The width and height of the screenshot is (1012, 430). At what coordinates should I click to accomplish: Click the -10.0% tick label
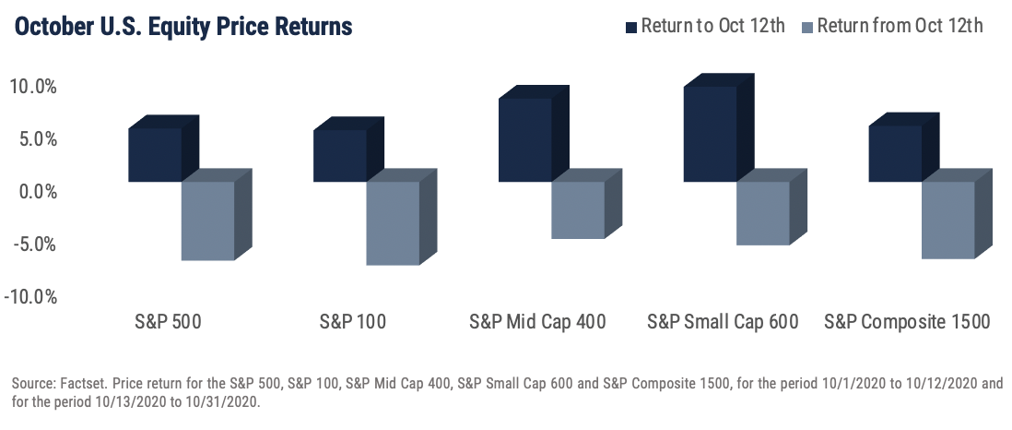point(29,297)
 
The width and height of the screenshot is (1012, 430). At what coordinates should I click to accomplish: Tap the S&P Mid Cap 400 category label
point(537,321)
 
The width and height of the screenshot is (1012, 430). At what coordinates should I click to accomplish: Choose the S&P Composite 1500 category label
point(907,321)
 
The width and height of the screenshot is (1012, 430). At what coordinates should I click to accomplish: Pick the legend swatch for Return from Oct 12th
point(806,27)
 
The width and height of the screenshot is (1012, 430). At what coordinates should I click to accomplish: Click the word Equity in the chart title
point(193,27)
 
